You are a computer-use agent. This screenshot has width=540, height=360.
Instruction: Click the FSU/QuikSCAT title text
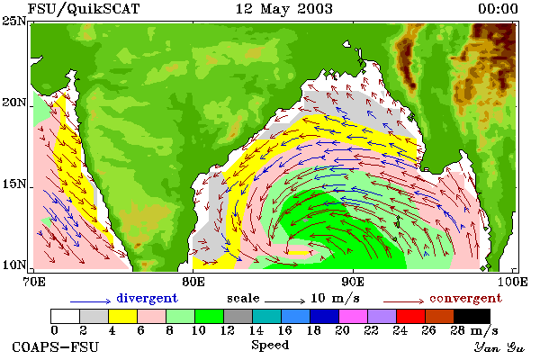(84, 9)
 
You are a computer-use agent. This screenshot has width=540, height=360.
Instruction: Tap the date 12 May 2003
(284, 9)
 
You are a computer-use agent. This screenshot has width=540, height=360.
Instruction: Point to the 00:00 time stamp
(498, 9)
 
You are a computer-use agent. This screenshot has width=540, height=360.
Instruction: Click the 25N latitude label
(13, 21)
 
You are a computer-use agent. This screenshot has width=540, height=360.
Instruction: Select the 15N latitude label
(13, 184)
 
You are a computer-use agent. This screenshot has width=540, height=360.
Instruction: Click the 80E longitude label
(193, 282)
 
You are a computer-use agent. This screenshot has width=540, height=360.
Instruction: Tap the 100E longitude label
(512, 282)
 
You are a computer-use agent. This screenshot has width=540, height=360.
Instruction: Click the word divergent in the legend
(147, 298)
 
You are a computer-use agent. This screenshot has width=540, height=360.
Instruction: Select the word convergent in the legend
(465, 298)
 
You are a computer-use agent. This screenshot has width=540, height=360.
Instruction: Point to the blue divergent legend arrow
(90, 301)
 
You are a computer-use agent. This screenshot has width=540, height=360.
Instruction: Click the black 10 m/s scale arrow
(284, 301)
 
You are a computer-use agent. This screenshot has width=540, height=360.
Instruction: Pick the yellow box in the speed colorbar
(123, 316)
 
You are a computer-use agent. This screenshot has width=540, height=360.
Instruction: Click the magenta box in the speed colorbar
(354, 316)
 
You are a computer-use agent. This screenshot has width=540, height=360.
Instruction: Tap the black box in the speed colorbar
(472, 316)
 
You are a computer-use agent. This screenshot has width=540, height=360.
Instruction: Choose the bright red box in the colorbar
(411, 316)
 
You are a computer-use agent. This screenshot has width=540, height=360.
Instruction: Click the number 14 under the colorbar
(256, 330)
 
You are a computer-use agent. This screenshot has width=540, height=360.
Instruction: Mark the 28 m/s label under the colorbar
(474, 331)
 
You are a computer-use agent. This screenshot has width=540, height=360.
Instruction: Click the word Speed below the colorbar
(270, 346)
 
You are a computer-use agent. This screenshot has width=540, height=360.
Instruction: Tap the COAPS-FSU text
(56, 347)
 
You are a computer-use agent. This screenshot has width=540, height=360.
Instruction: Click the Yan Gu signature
(499, 347)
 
